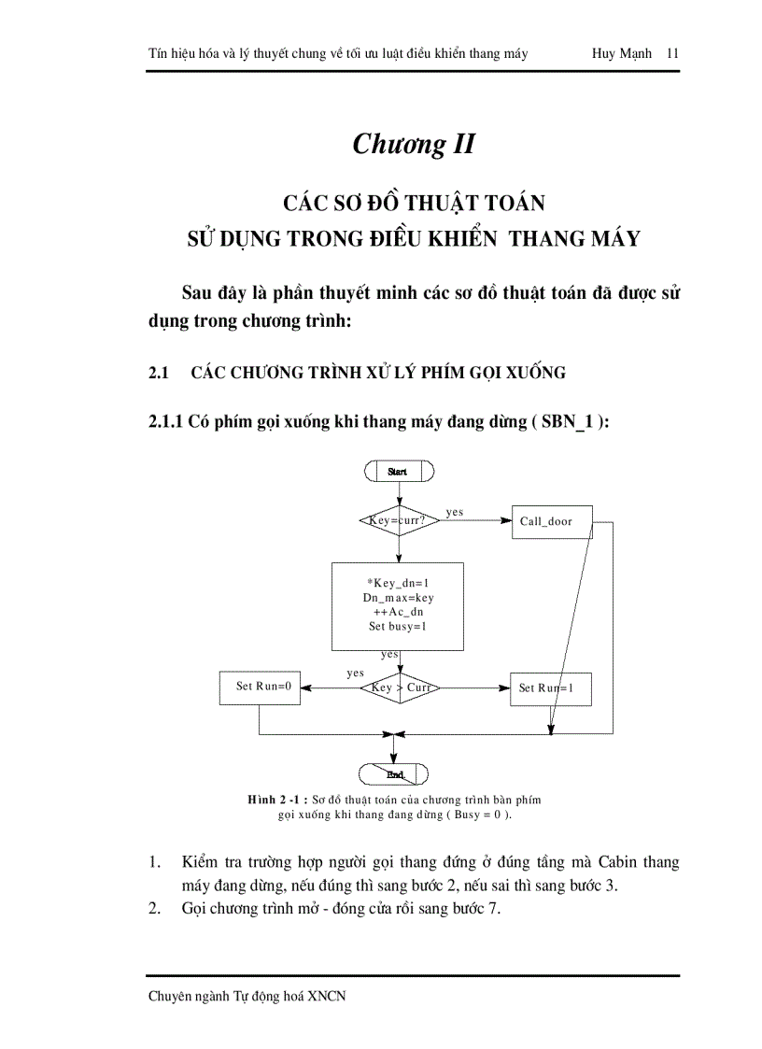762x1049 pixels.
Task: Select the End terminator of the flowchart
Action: pos(394,773)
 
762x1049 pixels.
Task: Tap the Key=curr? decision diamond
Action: pos(399,520)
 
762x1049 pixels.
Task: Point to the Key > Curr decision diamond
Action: pos(400,688)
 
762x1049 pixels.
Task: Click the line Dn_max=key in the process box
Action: pos(398,597)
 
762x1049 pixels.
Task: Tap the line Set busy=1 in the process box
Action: pos(398,627)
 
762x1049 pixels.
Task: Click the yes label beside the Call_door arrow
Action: pos(455,512)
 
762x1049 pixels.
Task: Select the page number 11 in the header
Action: pos(672,53)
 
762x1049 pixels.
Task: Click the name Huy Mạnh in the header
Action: pos(622,53)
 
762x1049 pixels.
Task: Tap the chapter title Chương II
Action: pos(414,145)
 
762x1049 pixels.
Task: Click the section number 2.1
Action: pos(158,373)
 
